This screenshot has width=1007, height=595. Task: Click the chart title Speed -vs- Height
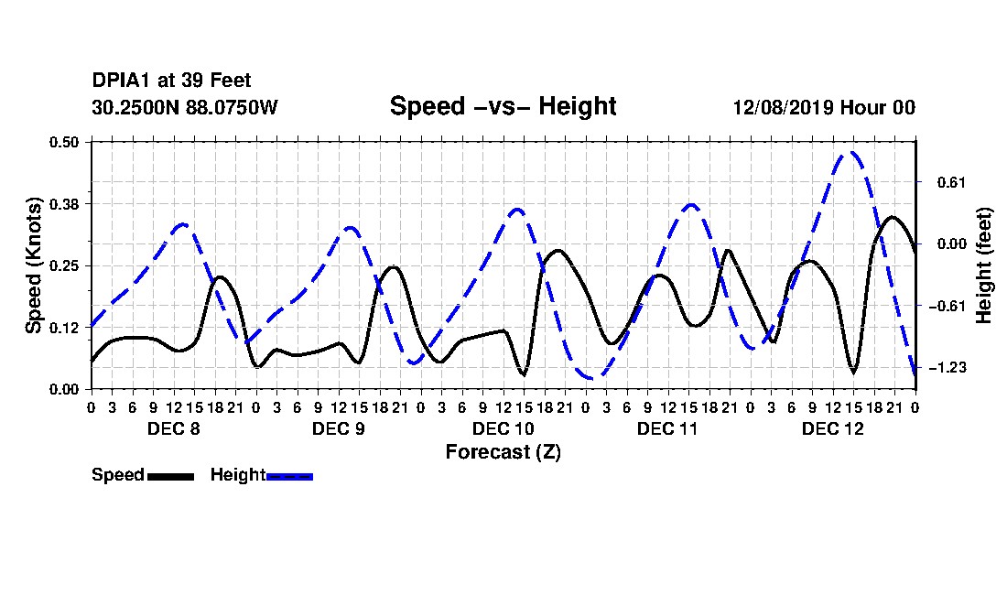coord(503,106)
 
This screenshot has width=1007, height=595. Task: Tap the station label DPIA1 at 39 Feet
coord(171,81)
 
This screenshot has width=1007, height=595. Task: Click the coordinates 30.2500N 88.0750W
coord(185,107)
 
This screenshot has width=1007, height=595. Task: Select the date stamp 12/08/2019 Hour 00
coord(824,107)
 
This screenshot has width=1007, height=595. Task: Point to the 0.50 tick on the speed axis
coord(63,142)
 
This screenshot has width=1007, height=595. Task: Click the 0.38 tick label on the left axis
coord(63,204)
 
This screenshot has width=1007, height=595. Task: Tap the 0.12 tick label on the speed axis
coord(63,328)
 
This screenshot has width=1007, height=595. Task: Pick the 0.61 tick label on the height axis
coord(951,182)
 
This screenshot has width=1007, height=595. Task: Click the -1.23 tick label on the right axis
coord(947,368)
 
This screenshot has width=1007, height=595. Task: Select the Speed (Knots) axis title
coord(33,265)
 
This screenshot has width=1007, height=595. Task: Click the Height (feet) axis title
coord(983,265)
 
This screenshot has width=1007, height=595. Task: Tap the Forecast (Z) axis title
coord(503,452)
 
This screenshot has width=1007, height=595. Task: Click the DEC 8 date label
coord(173,428)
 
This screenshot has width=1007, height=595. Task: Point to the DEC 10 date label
coord(503,428)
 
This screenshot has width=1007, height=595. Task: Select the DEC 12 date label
coord(832,428)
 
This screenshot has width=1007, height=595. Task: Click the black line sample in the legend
coord(170,476)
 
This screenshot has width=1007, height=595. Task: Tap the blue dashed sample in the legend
coord(289,476)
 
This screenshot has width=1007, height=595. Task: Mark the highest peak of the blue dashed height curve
coord(851,152)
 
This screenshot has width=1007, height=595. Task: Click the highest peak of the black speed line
coord(892,217)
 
